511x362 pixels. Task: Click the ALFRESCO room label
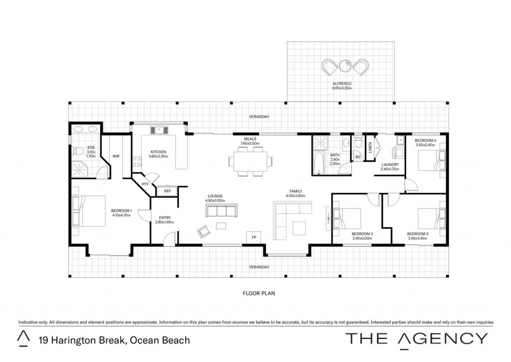coord(342,83)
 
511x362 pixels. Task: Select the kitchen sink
coord(159,130)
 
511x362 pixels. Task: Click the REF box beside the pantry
coord(168,191)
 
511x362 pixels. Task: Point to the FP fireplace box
coord(254,237)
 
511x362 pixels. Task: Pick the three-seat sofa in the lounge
coord(221,210)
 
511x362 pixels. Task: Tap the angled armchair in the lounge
coord(204,231)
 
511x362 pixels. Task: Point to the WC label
coord(358,157)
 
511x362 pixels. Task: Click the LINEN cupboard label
coord(370,147)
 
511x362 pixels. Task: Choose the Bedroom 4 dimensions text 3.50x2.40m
coord(426,145)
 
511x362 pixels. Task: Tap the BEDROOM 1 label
coord(121,211)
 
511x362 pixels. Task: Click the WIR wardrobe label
coord(116,156)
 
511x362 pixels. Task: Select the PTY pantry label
coord(145,184)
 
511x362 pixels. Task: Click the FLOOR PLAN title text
coord(259,293)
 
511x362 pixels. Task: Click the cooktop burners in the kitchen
coord(137,161)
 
